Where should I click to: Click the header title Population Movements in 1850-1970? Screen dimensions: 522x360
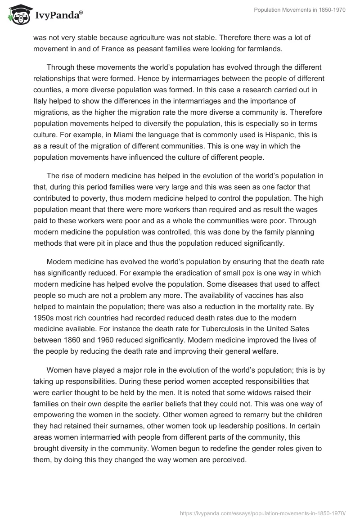click(300, 10)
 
